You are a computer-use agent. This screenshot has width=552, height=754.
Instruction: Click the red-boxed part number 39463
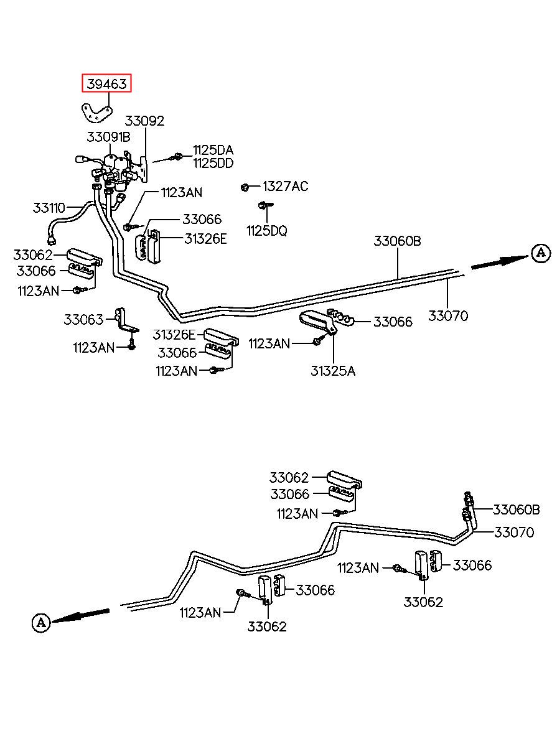click(106, 83)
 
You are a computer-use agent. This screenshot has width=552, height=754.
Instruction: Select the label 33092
click(144, 121)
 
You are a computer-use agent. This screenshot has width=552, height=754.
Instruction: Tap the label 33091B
click(108, 137)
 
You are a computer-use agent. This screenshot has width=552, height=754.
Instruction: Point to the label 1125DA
click(213, 150)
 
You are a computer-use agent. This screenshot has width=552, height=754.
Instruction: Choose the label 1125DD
click(213, 163)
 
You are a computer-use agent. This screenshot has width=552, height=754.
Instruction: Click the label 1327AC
click(285, 186)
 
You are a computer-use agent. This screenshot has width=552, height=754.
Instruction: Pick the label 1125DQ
click(267, 231)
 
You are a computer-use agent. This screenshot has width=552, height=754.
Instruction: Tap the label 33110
click(49, 208)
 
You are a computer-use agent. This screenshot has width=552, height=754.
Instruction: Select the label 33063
click(83, 319)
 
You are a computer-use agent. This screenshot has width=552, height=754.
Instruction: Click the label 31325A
click(333, 371)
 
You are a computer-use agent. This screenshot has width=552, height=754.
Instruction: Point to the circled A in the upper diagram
click(541, 253)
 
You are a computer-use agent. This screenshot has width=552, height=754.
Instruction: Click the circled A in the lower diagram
click(41, 622)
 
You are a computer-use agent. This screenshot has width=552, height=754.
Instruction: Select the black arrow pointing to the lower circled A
click(81, 615)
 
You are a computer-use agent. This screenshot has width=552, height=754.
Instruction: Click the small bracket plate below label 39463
click(96, 113)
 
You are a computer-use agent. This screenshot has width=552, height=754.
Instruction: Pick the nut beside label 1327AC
click(245, 187)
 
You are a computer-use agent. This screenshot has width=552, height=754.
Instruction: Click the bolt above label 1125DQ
click(265, 205)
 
